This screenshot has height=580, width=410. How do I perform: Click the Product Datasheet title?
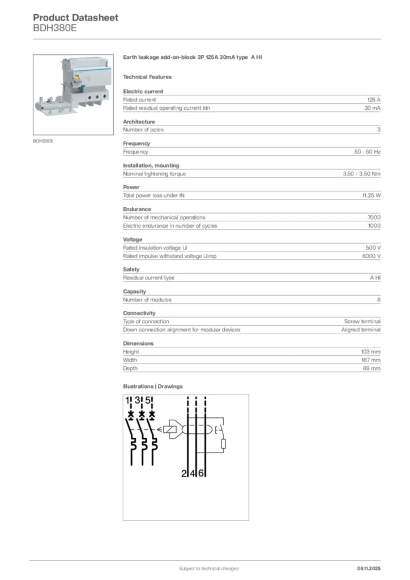coord(75,18)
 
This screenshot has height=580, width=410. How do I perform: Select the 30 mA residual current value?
coord(372,108)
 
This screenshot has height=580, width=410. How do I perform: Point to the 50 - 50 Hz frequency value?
coord(367,152)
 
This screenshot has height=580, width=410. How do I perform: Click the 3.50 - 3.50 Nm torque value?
coord(361,174)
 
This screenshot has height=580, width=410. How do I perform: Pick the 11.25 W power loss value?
coord(371,195)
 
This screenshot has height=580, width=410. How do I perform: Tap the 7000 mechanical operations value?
coord(374,217)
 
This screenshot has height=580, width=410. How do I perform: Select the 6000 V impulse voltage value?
coord(371,256)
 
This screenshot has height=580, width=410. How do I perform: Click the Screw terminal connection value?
coord(362,321)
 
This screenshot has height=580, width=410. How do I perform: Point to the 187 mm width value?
coord(371,360)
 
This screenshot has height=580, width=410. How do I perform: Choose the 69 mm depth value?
coord(372,368)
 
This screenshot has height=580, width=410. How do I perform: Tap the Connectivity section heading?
coord(139,313)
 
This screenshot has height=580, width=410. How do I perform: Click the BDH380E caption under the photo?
coord(43,140)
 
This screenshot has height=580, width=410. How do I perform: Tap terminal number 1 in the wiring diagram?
coord(129,401)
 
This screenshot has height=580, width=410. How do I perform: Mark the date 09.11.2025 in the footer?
coord(369,569)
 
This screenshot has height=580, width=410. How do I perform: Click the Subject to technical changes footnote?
coord(209,569)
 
